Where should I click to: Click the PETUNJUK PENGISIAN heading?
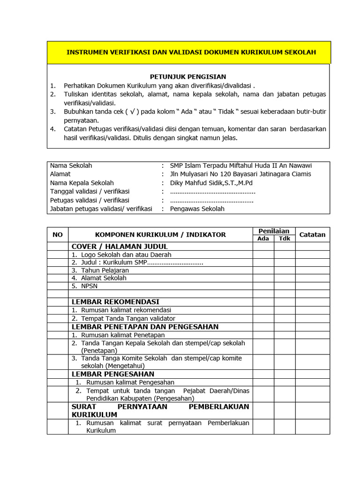tap(188, 76)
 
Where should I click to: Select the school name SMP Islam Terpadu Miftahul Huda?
tap(240, 165)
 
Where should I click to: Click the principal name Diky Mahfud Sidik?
tap(211, 183)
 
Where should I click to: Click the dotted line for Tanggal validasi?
tap(212, 192)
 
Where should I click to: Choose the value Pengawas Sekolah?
tap(197, 209)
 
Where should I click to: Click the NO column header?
tap(58, 234)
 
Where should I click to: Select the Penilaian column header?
tap(274, 231)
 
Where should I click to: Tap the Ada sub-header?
tap(263, 239)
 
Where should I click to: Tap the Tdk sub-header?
tap(285, 239)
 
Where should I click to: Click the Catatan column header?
tap(312, 234)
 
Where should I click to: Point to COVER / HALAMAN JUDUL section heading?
tap(119, 247)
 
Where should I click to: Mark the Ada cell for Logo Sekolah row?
tap(263, 255)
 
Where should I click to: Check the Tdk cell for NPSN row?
tap(285, 285)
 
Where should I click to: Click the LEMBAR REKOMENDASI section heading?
tap(115, 302)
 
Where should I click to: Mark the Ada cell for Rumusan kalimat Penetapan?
tap(263, 335)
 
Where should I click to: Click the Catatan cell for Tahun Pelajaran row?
tap(312, 270)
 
